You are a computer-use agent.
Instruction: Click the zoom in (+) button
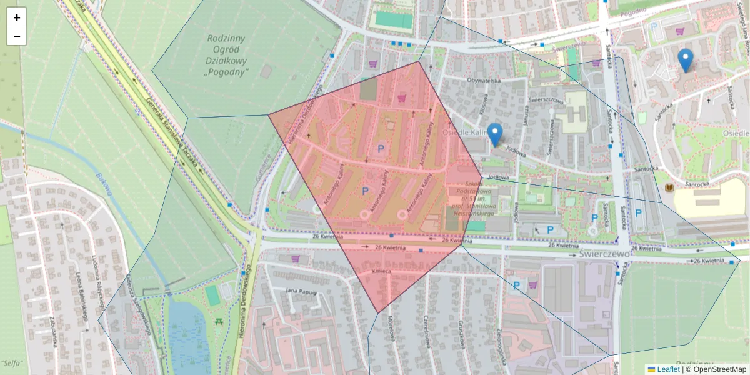[17, 17]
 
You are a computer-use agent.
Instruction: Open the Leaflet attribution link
[667, 369]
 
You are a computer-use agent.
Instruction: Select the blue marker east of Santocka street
[685, 60]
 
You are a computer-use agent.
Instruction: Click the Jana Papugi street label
[299, 291]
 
